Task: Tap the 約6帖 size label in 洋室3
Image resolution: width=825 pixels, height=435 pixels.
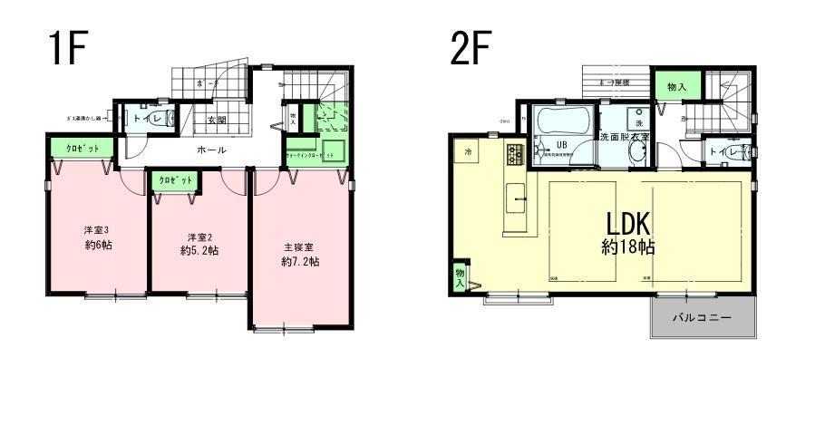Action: tap(98, 246)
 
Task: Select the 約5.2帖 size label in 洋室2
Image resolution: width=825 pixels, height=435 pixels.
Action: tap(199, 250)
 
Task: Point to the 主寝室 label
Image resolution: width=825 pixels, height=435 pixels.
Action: tap(300, 246)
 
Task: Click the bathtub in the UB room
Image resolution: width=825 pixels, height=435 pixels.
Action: tap(562, 121)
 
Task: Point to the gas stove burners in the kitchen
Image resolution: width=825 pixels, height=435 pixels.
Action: tap(515, 154)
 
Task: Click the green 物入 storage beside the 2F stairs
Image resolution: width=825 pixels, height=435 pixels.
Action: tap(675, 87)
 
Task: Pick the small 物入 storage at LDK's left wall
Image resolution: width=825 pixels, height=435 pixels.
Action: tap(460, 278)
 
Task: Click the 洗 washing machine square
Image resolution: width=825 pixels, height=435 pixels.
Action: tap(637, 122)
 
